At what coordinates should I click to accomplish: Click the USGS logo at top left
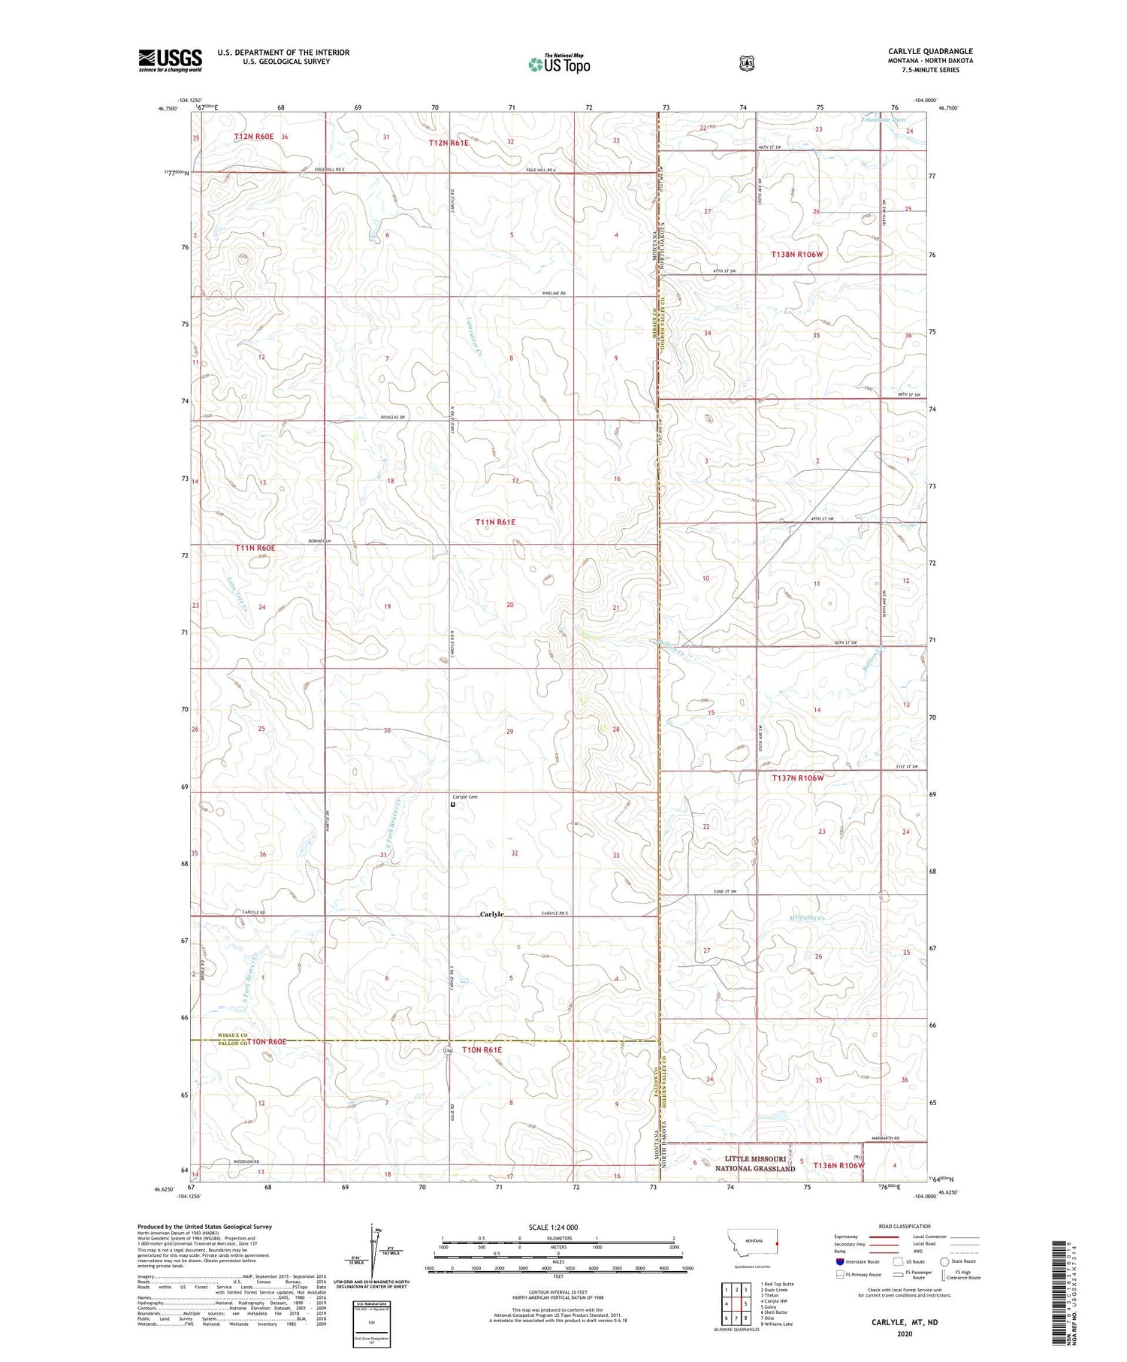coord(170,60)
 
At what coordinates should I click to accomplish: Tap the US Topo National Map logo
coord(559,64)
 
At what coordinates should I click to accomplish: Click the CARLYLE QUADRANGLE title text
coord(930,51)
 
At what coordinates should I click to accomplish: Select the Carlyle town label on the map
coord(492,914)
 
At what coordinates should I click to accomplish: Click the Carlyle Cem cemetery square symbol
coord(452,805)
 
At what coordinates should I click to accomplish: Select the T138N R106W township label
coord(797,255)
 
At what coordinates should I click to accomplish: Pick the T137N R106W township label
coord(797,778)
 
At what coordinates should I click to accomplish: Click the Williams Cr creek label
coord(808,918)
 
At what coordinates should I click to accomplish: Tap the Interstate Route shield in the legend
coord(839,1262)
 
